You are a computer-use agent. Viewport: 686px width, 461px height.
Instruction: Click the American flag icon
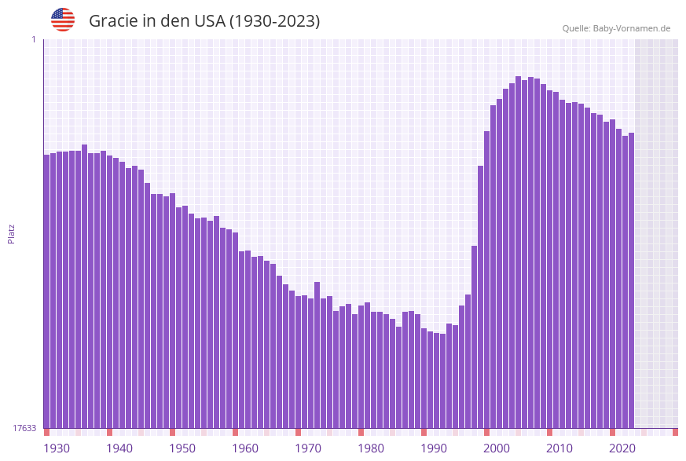(x=63, y=20)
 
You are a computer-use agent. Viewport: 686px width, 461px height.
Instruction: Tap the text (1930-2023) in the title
(x=274, y=21)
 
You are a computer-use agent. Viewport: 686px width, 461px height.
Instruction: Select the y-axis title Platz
(x=12, y=233)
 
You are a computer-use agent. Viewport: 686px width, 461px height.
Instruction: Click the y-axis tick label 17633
(x=24, y=428)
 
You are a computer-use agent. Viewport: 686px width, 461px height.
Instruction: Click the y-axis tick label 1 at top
(x=33, y=39)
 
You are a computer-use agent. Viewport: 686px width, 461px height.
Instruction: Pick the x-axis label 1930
(x=57, y=448)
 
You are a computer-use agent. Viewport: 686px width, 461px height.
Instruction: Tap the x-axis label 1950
(x=182, y=448)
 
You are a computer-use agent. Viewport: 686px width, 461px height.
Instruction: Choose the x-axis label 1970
(x=308, y=448)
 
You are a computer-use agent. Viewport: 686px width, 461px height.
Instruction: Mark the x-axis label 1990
(x=434, y=448)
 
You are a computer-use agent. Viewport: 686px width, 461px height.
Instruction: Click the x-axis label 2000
(x=497, y=448)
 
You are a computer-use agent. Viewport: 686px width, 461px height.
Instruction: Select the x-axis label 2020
(x=622, y=448)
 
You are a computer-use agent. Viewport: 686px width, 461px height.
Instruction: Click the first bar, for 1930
(x=46, y=291)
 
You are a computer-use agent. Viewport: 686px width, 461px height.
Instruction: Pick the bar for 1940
(x=109, y=291)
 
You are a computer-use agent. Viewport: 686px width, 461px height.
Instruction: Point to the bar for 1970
(x=298, y=361)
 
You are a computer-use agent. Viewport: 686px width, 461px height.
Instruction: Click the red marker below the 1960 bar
(x=235, y=432)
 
